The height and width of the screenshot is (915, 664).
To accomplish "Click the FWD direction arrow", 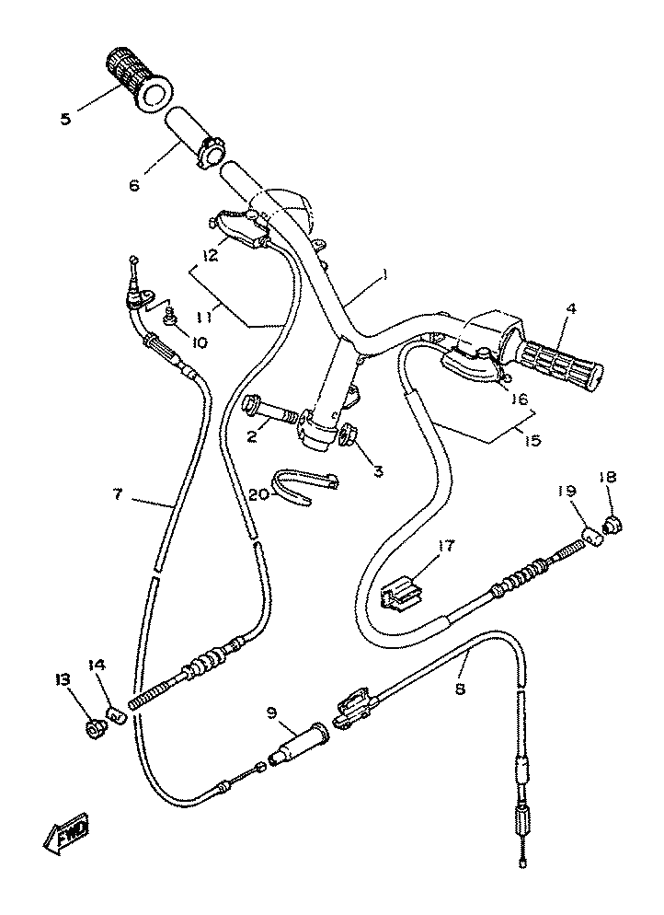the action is pyautogui.click(x=66, y=830).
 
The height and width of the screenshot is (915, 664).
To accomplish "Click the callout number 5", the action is pyautogui.click(x=65, y=119).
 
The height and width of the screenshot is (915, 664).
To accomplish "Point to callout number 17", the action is pyautogui.click(x=448, y=546).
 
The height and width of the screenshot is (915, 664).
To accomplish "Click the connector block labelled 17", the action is pyautogui.click(x=399, y=594).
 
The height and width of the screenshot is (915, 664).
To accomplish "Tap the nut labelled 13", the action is pyautogui.click(x=94, y=728).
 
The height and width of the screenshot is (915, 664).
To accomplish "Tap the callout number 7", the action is pyautogui.click(x=118, y=494).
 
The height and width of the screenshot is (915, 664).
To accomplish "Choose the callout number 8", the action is pyautogui.click(x=460, y=689).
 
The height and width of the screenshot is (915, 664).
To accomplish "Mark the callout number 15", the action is pyautogui.click(x=532, y=439).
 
